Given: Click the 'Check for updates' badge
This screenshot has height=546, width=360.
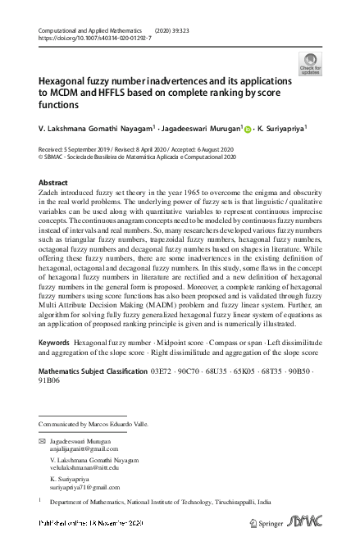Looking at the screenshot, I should [x=311, y=63].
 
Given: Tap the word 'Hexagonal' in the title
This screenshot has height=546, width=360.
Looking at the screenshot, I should [x=63, y=82].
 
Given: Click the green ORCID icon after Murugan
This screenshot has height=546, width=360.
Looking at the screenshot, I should [x=247, y=129].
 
